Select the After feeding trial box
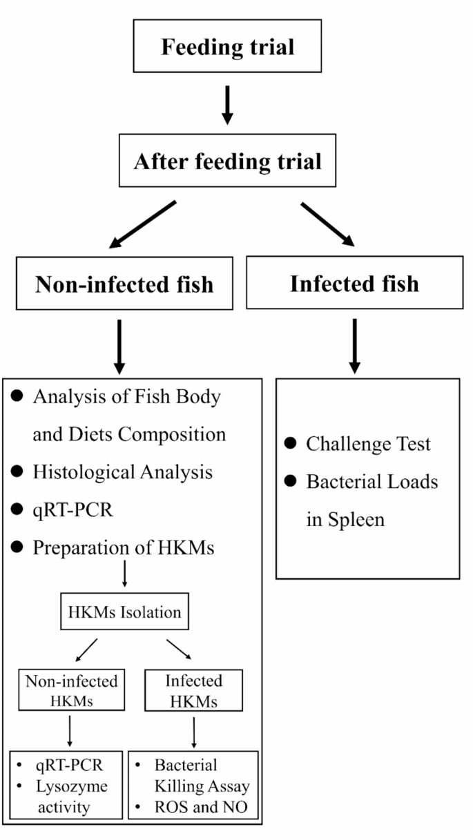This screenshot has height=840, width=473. (227, 162)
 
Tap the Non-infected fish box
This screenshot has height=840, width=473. (124, 283)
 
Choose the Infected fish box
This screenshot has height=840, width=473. (354, 283)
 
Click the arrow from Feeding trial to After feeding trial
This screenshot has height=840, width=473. (227, 104)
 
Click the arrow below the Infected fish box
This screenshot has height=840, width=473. (354, 344)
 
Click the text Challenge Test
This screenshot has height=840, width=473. (368, 444)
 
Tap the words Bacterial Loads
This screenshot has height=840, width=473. (371, 481)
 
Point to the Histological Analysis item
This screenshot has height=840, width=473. (122, 472)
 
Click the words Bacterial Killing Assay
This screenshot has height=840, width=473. (201, 775)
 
